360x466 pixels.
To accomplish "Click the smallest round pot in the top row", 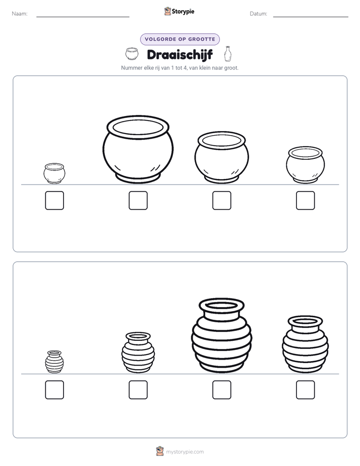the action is point(54,173).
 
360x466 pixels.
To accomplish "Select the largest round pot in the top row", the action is point(138,149).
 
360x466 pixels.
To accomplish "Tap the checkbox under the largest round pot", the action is point(138,200).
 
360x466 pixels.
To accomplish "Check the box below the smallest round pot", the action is point(54,200).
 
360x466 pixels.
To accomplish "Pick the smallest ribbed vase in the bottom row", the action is point(54,362).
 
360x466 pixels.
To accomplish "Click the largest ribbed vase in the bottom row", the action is point(221,335).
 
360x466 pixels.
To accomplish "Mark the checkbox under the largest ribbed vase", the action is point(221,390).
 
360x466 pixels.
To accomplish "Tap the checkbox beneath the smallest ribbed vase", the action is point(54,390).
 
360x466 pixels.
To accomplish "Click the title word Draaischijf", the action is point(179,54).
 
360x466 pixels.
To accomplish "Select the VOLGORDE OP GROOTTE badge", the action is point(179,39).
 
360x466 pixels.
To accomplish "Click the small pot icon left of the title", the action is point(132,53).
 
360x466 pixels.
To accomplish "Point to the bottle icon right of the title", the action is point(228,53).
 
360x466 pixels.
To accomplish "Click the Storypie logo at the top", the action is point(179,11).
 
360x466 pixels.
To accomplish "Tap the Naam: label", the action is point(20,14).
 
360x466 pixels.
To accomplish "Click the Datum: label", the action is point(259,14).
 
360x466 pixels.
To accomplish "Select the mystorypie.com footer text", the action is point(185,452).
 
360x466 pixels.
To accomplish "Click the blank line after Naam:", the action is point(83,17).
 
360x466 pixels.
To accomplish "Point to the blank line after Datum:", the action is point(311,17).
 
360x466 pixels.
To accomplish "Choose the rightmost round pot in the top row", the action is point(306,164).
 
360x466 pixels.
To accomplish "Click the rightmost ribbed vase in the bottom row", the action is point(306,344).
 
